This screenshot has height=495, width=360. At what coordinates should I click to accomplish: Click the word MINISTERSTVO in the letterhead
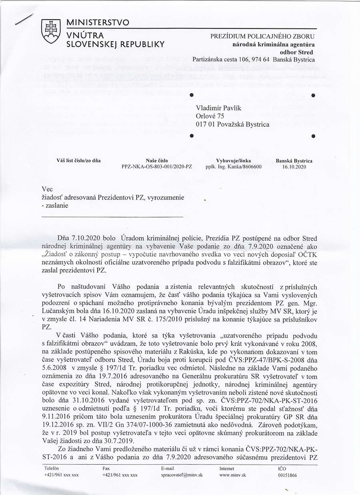[98, 23]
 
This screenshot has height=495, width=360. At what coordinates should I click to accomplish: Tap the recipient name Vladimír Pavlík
[220, 108]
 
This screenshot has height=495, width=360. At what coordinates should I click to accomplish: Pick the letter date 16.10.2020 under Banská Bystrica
[294, 167]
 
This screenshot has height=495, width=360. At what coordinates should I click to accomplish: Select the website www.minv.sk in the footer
[232, 475]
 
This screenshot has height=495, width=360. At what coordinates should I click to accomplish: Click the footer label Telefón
[52, 468]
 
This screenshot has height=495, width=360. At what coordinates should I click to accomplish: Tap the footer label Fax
[106, 468]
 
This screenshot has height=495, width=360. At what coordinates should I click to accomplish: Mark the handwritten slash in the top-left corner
[23, 20]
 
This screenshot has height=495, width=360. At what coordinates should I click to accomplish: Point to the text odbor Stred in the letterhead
[299, 52]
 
